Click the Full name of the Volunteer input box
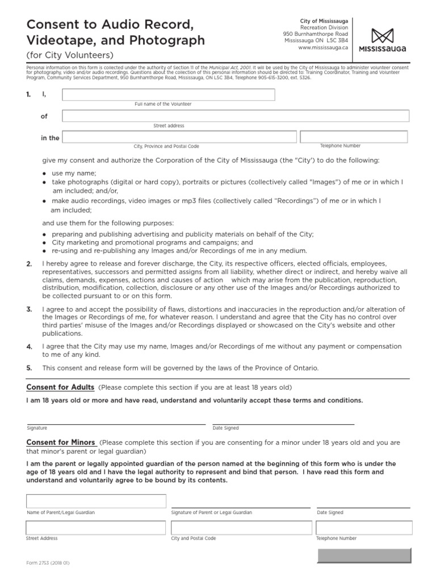169,95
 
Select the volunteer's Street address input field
236,116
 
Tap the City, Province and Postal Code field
179,137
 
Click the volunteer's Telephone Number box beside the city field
354,137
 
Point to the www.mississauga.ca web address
324,48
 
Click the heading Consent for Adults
61,388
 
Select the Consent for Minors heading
62,442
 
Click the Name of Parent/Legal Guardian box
97,501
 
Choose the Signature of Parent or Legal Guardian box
240,501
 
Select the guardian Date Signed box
363,501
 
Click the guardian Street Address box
97,528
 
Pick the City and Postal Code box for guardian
240,528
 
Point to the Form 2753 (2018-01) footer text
48,563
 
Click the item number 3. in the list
29,309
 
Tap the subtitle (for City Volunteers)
70,55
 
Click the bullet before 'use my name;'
45,173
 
